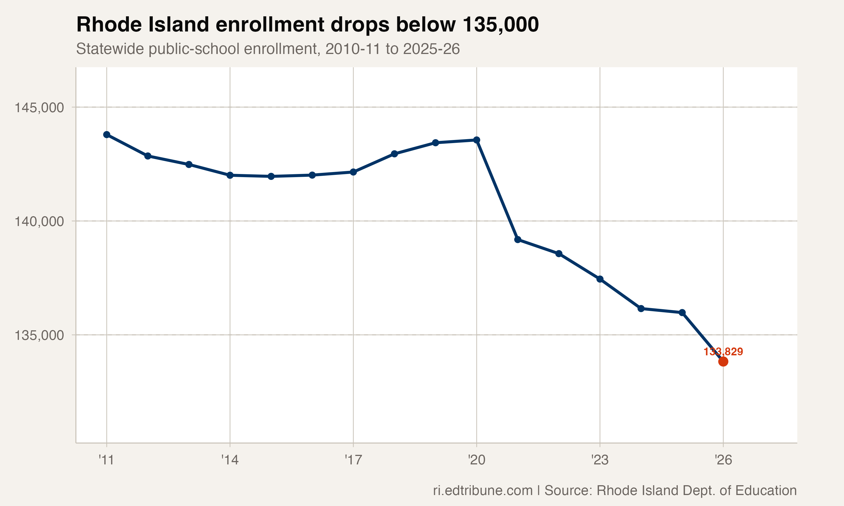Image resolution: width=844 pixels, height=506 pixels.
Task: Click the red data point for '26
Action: click(x=723, y=362)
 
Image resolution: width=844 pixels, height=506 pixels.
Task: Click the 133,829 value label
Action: click(x=723, y=352)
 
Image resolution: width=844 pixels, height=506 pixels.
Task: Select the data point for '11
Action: click(x=107, y=135)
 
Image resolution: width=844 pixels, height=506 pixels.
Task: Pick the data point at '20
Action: click(x=477, y=140)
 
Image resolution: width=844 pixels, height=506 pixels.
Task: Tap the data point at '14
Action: click(x=230, y=175)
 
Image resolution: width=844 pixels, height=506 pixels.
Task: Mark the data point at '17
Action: click(x=353, y=172)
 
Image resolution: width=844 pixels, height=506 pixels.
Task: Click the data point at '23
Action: click(x=600, y=279)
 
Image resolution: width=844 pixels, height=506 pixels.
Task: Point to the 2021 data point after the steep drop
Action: click(x=518, y=240)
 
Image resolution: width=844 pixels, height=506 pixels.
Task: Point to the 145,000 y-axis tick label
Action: click(x=39, y=108)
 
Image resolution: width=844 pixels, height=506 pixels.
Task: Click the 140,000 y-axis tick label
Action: click(x=39, y=222)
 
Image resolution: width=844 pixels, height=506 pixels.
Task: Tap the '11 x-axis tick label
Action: click(x=106, y=460)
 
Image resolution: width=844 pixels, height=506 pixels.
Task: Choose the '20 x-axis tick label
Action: click(x=477, y=460)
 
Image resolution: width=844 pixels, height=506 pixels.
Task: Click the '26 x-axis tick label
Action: click(x=723, y=460)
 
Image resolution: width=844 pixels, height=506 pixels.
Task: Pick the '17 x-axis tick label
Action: click(x=353, y=460)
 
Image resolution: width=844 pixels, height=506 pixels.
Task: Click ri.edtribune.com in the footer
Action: click(x=483, y=490)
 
